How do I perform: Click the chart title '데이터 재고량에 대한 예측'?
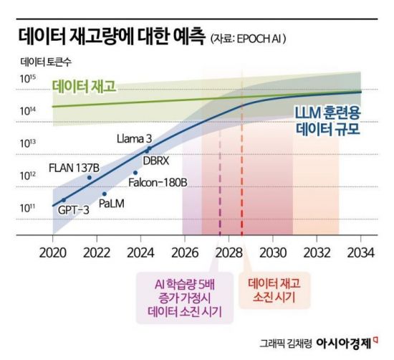[108, 34]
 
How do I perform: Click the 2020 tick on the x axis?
[52, 252]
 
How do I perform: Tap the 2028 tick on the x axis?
[228, 252]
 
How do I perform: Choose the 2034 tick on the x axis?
[360, 252]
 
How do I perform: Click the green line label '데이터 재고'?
[84, 87]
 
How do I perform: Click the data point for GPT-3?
[63, 199]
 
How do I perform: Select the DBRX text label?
[155, 161]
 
